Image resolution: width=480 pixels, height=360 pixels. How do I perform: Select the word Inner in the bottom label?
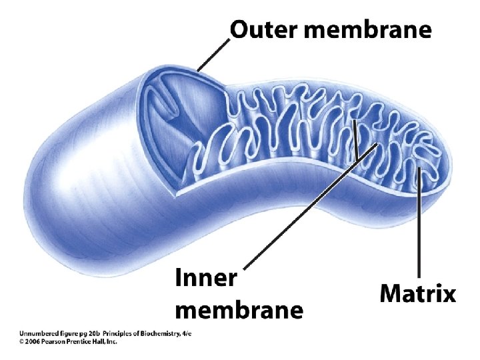pyautogui.click(x=205, y=279)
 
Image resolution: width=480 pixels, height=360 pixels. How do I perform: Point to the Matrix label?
pyautogui.click(x=418, y=293)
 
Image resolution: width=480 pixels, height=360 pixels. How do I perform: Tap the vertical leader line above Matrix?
pyautogui.click(x=419, y=227)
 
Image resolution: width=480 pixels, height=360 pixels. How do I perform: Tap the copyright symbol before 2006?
pyautogui.click(x=21, y=341)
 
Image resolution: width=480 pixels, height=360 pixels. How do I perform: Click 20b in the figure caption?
pyautogui.click(x=94, y=333)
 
